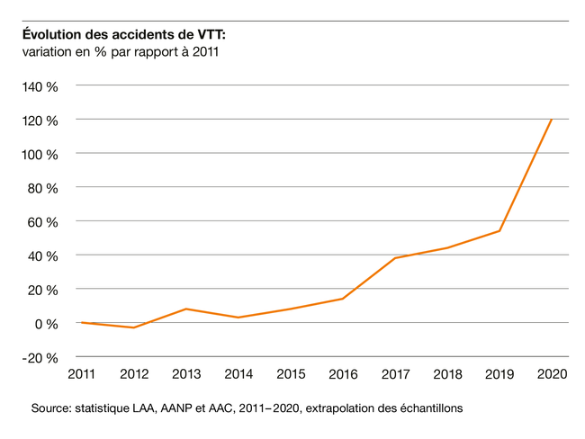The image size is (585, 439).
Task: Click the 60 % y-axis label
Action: tap(42, 222)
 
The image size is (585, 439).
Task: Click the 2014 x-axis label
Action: tap(238, 374)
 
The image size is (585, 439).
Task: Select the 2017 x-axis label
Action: tap(395, 374)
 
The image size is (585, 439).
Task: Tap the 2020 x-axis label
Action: tap(551, 374)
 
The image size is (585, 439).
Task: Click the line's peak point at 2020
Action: tap(551, 120)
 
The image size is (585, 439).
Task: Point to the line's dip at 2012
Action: tap(133, 327)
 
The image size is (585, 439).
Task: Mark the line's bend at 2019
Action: tap(499, 231)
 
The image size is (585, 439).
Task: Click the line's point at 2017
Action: tap(395, 258)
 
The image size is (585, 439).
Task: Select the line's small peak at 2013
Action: tap(185, 309)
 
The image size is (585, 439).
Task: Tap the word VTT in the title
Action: tap(209, 34)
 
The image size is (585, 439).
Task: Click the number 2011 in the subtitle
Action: tap(205, 52)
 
